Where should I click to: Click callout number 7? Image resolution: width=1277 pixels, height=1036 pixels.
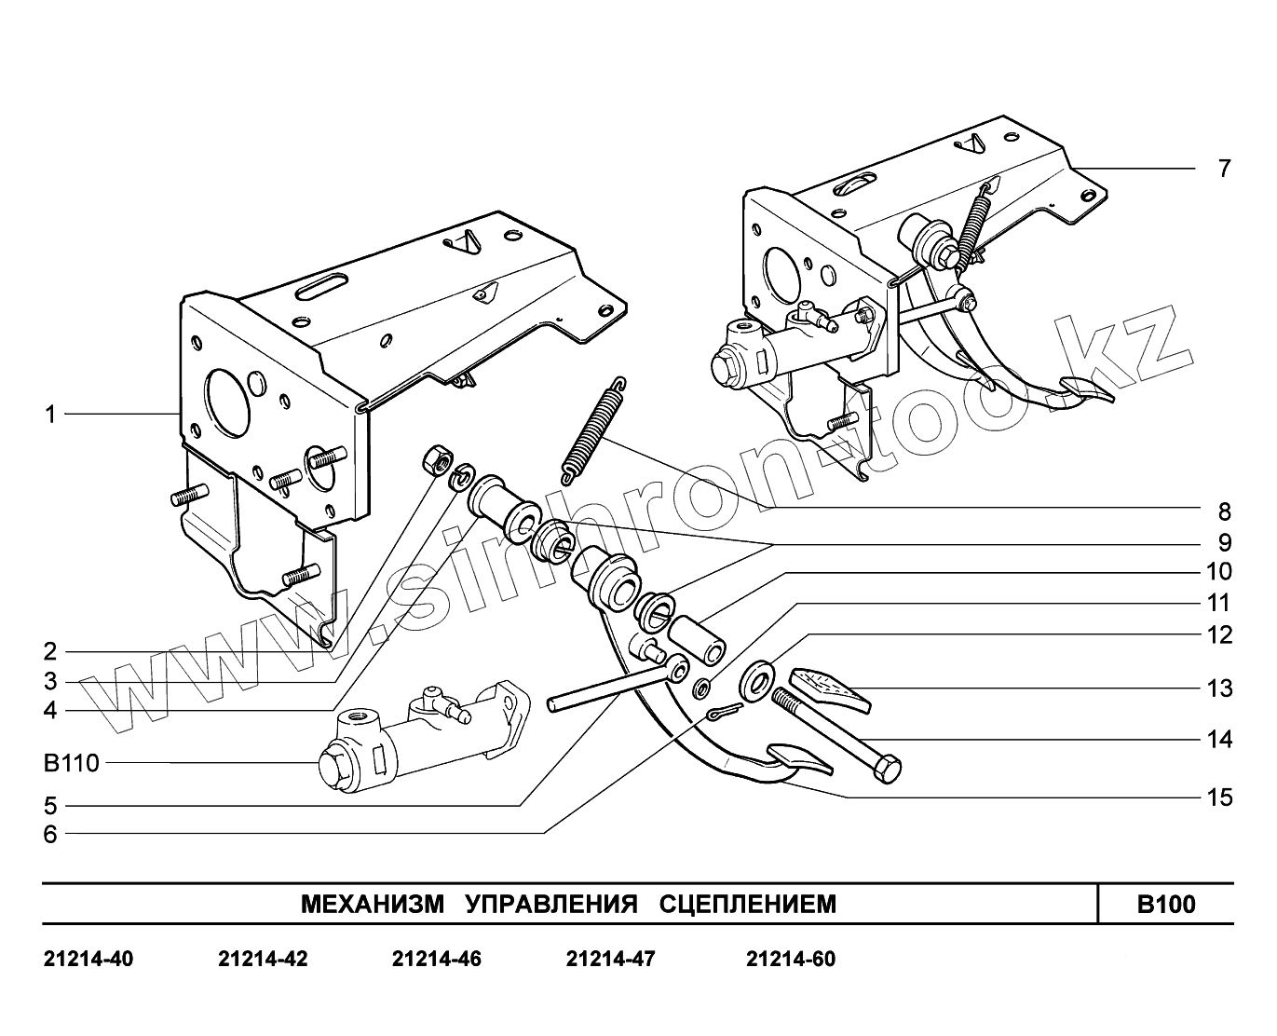(x=1224, y=169)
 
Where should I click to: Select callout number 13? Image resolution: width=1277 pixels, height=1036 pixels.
(x=1219, y=688)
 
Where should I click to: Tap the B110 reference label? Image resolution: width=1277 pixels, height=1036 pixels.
(x=71, y=764)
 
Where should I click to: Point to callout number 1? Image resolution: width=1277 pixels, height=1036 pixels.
(x=51, y=414)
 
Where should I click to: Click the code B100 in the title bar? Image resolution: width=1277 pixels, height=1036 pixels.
(x=1166, y=904)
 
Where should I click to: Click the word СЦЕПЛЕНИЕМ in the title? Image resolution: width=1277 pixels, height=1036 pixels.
(x=748, y=904)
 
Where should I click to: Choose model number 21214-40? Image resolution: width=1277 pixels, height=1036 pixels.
(x=88, y=959)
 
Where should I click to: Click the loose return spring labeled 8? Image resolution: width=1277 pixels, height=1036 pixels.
(x=591, y=429)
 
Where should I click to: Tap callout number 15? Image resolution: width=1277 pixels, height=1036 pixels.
(x=1219, y=797)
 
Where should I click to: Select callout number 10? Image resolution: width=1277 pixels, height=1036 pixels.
(x=1219, y=571)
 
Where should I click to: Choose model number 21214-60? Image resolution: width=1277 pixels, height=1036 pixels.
(x=791, y=959)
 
